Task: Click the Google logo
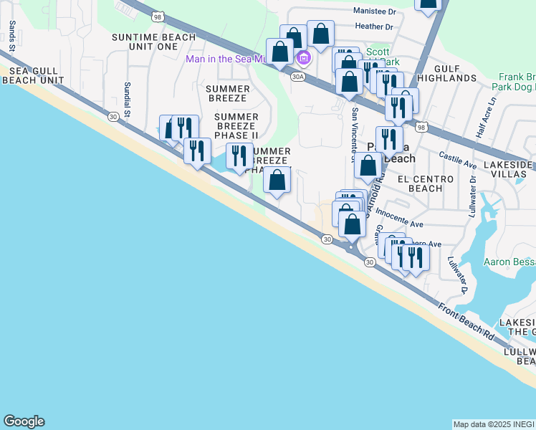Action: tap(24, 421)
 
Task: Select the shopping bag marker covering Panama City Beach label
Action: tap(368, 165)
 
